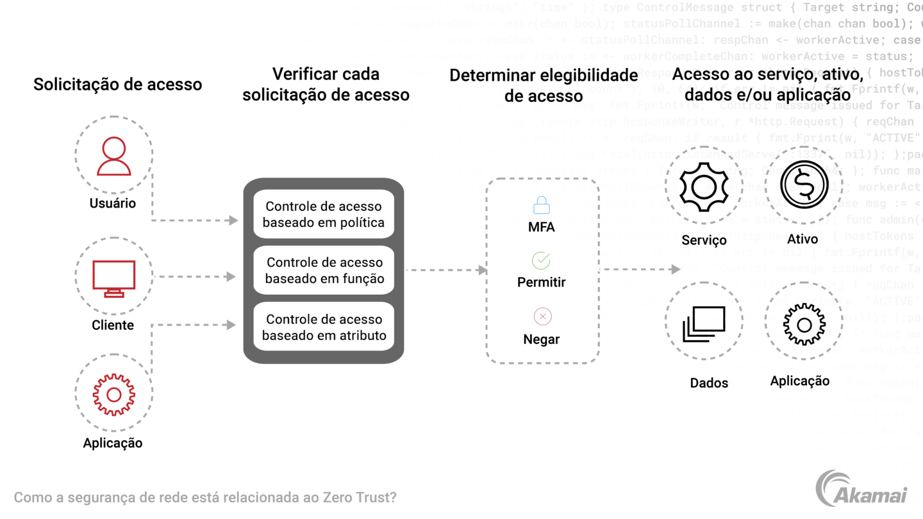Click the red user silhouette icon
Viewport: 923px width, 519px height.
click(x=114, y=156)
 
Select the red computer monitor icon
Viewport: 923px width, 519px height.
click(x=114, y=277)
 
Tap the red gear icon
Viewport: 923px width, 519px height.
click(x=113, y=395)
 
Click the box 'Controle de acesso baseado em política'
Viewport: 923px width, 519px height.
click(x=323, y=215)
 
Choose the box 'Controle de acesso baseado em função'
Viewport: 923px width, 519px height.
click(x=323, y=270)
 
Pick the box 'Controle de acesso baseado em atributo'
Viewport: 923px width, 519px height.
click(x=323, y=327)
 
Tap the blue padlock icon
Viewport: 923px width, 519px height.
click(x=542, y=205)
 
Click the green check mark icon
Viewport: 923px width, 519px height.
click(x=541, y=260)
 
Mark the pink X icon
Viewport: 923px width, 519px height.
click(x=543, y=316)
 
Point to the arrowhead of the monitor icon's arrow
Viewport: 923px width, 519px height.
click(x=231, y=277)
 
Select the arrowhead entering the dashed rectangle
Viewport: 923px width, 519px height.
click(x=481, y=270)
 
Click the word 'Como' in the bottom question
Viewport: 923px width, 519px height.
click(x=29, y=497)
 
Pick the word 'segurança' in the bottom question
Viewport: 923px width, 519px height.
click(x=91, y=497)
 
